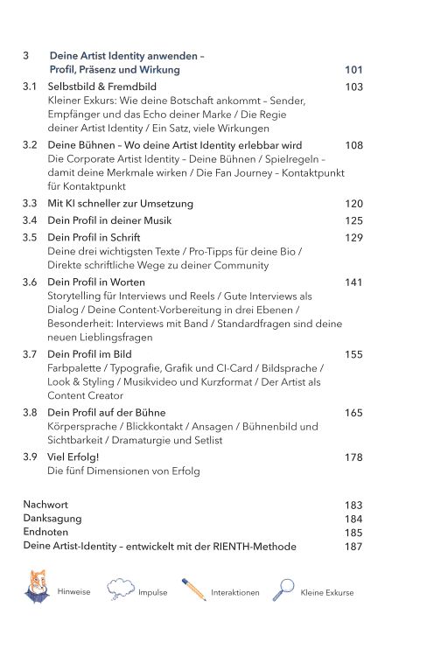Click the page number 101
click(x=353, y=70)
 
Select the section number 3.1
click(x=30, y=87)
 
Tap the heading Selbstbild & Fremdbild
click(x=102, y=87)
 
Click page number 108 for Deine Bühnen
click(x=353, y=145)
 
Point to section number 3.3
click(x=30, y=204)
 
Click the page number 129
click(x=353, y=238)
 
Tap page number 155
click(x=353, y=354)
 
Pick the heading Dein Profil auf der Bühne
click(x=106, y=412)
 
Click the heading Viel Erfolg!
click(x=73, y=457)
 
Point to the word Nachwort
click(x=45, y=505)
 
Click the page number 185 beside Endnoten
click(x=353, y=533)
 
